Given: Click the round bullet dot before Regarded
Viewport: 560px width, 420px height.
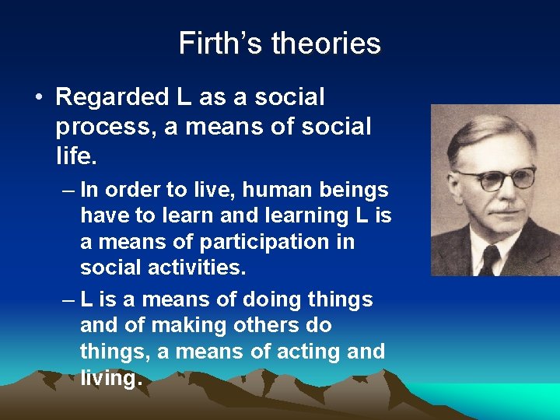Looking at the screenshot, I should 38,98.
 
